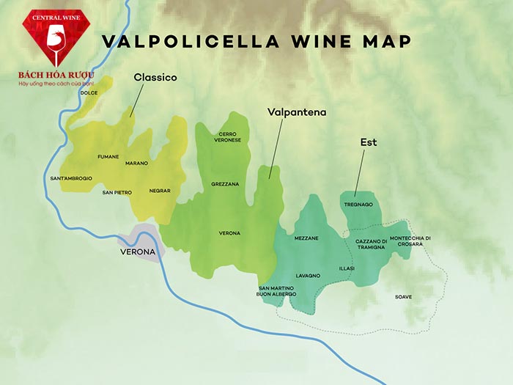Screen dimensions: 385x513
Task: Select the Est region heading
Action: click(368, 142)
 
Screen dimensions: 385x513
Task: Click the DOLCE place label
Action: click(89, 93)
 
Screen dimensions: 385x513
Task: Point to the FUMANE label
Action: click(108, 157)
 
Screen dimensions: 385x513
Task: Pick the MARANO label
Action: click(136, 163)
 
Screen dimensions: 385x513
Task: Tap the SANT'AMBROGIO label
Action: click(71, 178)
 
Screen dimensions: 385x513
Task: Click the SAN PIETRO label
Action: click(117, 192)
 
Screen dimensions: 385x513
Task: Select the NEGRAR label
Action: click(159, 191)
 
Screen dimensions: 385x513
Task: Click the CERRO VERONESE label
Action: click(227, 137)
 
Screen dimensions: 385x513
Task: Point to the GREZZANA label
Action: click(225, 184)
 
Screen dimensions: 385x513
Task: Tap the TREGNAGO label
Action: click(358, 205)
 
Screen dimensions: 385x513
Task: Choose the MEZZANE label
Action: click(306, 238)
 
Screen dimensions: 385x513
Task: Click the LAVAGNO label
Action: click(308, 275)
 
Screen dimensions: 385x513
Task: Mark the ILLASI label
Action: click(347, 268)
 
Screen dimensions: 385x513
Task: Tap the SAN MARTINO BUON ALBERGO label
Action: click(276, 291)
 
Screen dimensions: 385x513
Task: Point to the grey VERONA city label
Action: click(138, 252)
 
